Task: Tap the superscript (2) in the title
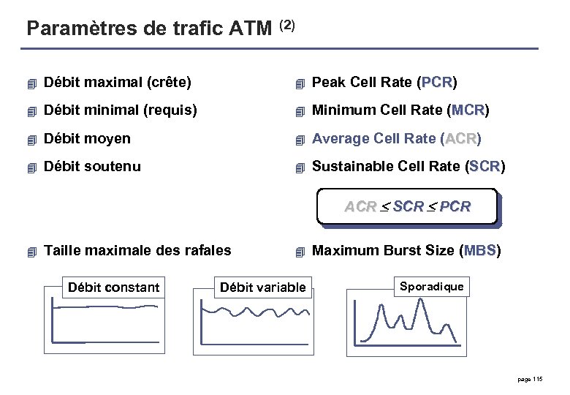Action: (x=287, y=25)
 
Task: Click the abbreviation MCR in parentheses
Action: (x=468, y=110)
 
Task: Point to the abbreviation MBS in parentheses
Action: (x=479, y=251)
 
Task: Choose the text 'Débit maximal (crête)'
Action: (x=118, y=82)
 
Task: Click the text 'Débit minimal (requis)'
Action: (x=121, y=110)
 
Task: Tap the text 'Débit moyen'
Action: (x=87, y=138)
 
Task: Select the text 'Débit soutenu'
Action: (x=92, y=166)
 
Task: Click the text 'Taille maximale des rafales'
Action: (x=137, y=251)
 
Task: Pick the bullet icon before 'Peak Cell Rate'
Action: (x=299, y=83)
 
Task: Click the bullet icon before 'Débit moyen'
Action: (x=31, y=139)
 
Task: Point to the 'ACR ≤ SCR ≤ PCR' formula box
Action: (x=407, y=207)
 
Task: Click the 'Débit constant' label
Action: (x=113, y=287)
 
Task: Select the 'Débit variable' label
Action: (x=263, y=287)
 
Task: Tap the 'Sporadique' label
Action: (x=431, y=286)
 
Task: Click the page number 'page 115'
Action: (x=529, y=379)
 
